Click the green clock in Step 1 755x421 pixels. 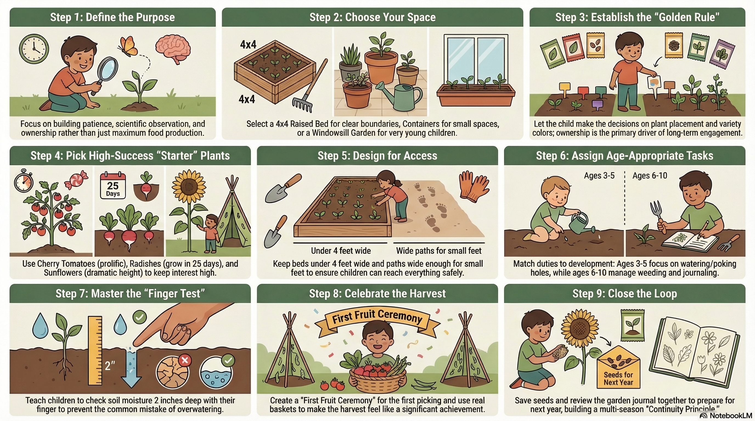click(x=34, y=49)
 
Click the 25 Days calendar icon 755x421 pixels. click(x=113, y=186)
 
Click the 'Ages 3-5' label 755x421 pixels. click(x=599, y=176)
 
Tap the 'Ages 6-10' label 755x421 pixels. click(x=650, y=176)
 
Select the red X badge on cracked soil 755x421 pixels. click(x=185, y=360)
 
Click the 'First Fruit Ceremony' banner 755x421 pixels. click(x=377, y=317)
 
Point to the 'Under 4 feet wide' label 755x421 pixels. click(x=341, y=251)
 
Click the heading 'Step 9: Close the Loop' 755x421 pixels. click(x=625, y=293)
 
